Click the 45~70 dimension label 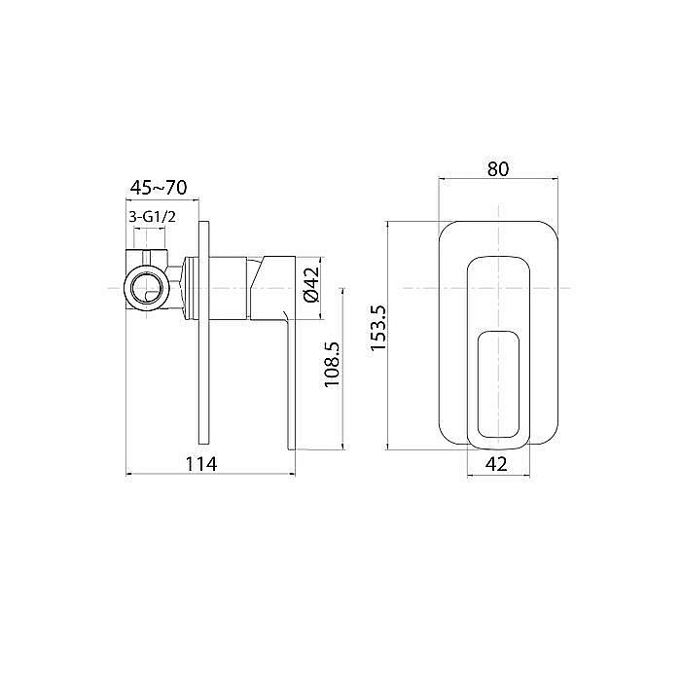click(x=159, y=188)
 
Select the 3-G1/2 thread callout click(x=152, y=217)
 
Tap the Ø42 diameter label click(x=312, y=284)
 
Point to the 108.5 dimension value click(x=333, y=364)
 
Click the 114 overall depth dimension click(x=201, y=464)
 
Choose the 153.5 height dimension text click(x=378, y=328)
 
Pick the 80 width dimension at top click(x=498, y=169)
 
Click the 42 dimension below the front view click(x=496, y=464)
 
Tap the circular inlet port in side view click(x=146, y=288)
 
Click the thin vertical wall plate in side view click(x=203, y=333)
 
